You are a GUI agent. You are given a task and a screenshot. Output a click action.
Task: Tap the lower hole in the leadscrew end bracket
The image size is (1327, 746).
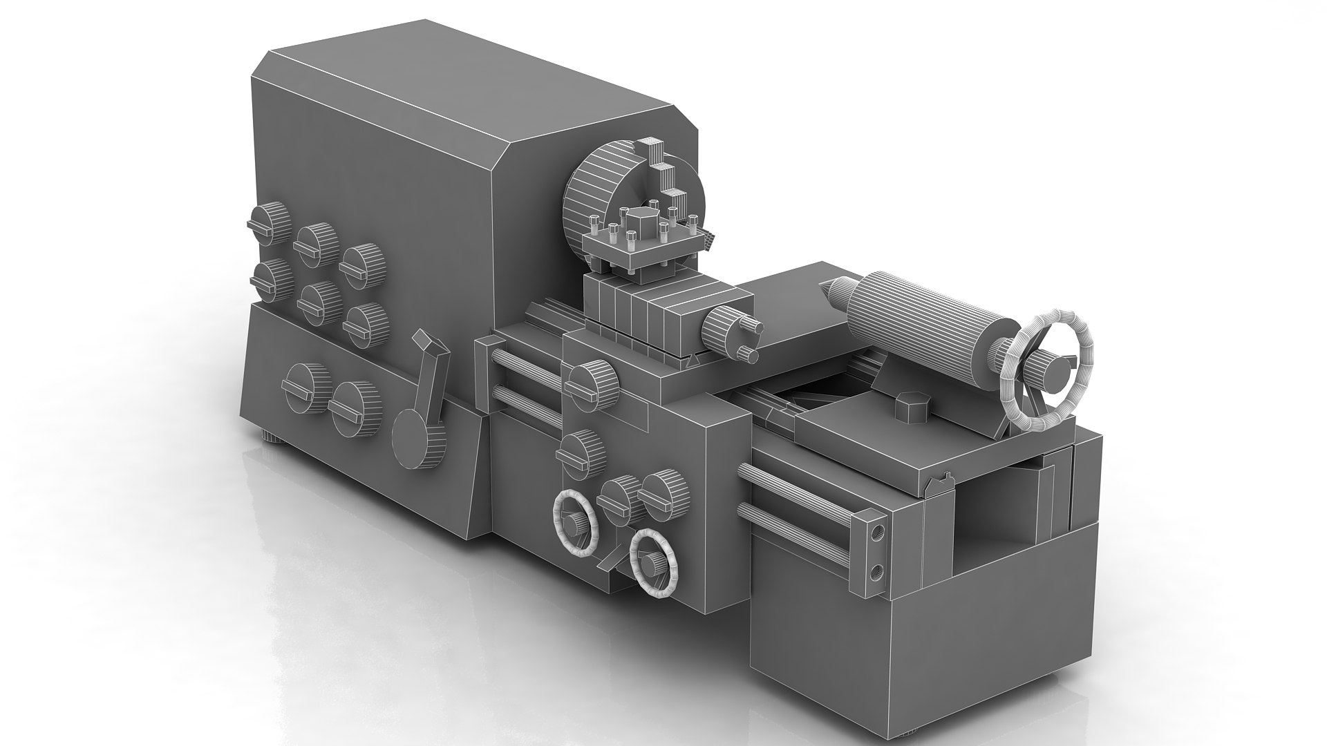pyautogui.click(x=876, y=571)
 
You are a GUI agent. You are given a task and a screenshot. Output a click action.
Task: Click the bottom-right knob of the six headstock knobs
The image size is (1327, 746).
pyautogui.click(x=366, y=325)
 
